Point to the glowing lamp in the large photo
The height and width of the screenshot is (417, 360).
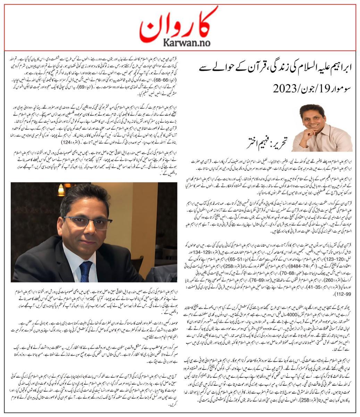click(x=61, y=190)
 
